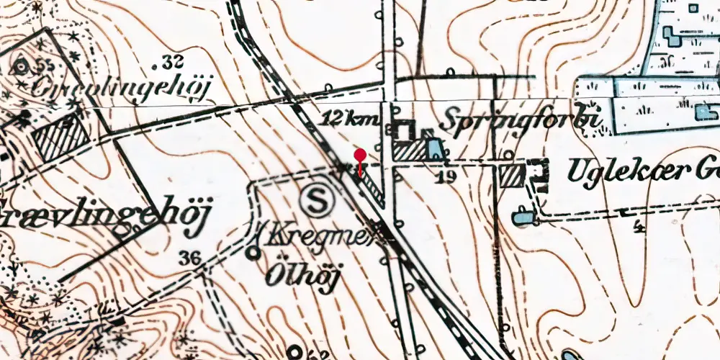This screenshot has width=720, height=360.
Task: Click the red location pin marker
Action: pyautogui.click(x=360, y=156)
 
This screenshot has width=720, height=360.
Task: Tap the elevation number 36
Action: pyautogui.click(x=190, y=258)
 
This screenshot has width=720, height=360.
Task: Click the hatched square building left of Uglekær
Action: pyautogui.click(x=511, y=175)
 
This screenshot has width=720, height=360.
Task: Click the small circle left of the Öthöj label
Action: pyautogui.click(x=253, y=252)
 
